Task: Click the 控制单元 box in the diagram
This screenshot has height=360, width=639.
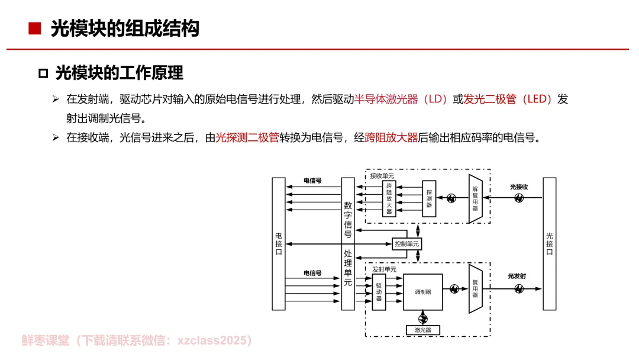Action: coord(407,244)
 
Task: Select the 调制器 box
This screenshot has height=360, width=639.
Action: coord(422,292)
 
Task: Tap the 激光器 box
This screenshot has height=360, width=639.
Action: coord(422,330)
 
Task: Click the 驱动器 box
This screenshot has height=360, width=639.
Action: coord(379,292)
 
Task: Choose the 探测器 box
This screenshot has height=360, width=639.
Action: coord(429,198)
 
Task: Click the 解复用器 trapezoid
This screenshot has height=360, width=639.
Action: coord(476,199)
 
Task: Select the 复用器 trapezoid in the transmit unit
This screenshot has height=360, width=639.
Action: coord(476,288)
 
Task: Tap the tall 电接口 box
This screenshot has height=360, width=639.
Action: coord(279,243)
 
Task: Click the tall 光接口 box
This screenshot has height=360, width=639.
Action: coord(549,243)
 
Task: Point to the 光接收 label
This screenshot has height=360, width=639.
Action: coord(519,187)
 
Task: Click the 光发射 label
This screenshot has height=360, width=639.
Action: coord(517,277)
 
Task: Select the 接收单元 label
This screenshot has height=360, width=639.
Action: coord(382,176)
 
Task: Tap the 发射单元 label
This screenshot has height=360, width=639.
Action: coord(384,269)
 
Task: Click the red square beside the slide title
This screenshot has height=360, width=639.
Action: coord(34,28)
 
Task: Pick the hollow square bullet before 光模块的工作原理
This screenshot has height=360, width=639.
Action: coord(43,73)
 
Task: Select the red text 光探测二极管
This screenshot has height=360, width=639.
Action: coord(247,138)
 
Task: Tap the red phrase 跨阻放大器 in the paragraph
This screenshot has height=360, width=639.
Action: coord(392,138)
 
